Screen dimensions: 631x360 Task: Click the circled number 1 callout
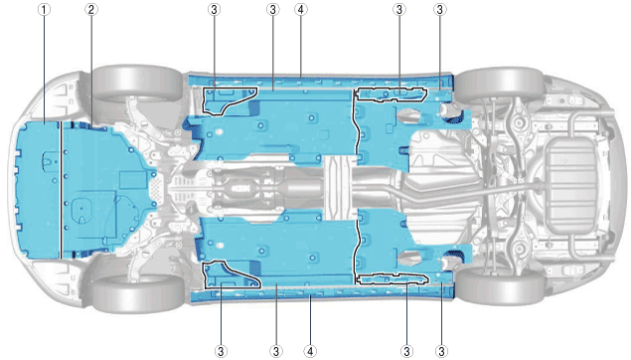(45, 9)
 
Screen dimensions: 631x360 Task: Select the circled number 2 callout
(91, 9)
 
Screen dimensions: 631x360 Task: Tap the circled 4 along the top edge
(301, 9)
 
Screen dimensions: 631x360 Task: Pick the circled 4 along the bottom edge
(310, 351)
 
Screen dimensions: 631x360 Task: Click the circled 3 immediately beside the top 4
(273, 9)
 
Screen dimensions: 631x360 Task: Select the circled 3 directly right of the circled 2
(214, 9)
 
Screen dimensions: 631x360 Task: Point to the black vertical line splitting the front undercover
(61, 190)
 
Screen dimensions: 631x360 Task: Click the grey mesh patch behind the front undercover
(156, 189)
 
